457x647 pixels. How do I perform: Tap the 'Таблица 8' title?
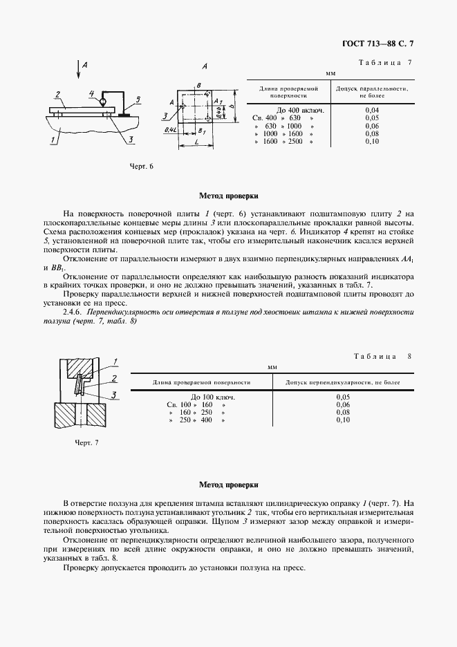[382, 356]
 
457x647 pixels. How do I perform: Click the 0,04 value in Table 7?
[371, 110]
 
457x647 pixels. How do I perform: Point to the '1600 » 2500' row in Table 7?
[283, 141]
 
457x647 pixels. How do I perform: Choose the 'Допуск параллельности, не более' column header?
[371, 93]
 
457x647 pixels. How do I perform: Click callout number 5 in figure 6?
[138, 100]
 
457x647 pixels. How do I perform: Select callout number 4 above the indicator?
[91, 93]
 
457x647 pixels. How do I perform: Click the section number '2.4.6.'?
[74, 312]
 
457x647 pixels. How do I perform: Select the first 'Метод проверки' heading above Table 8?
[228, 196]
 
